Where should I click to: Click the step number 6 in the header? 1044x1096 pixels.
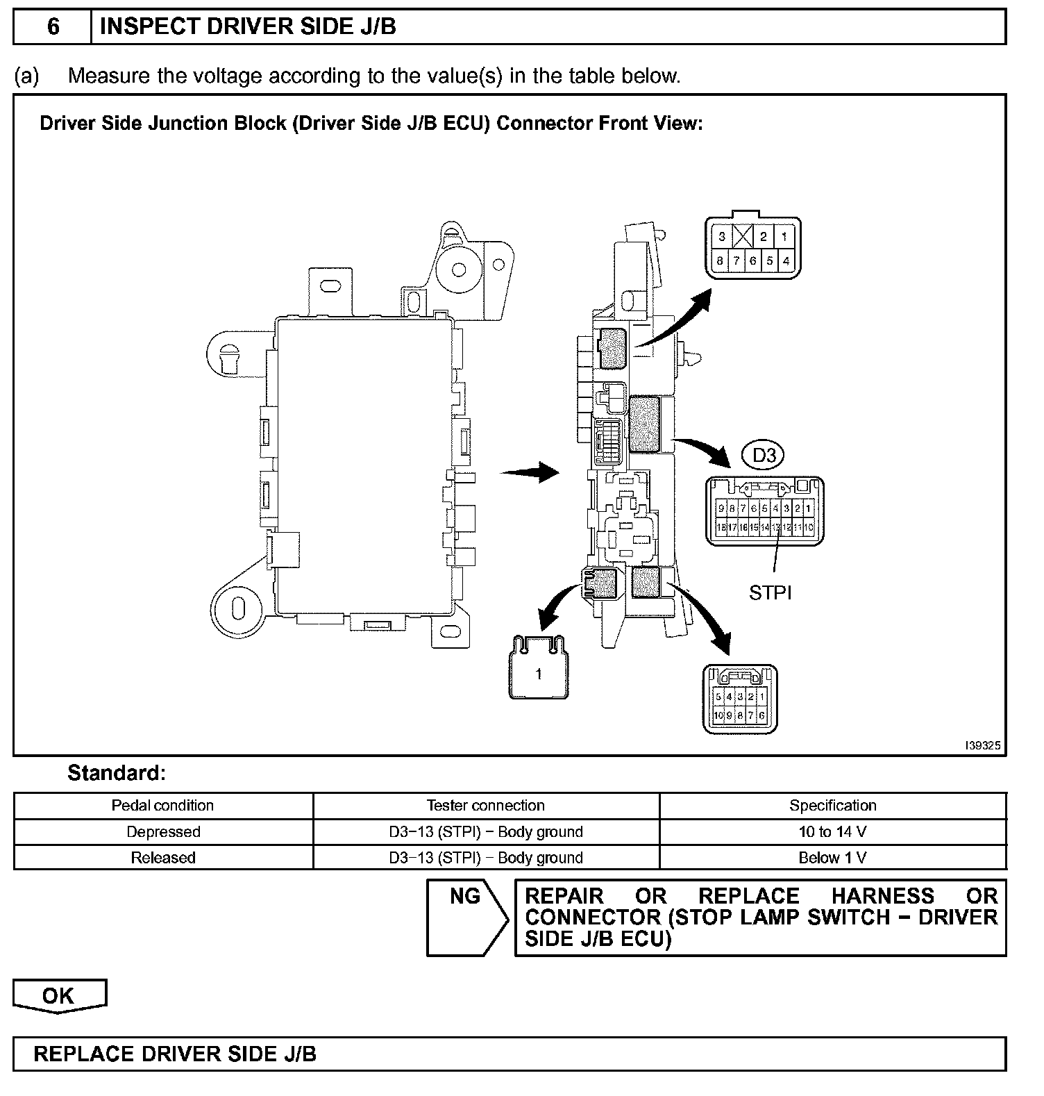53,27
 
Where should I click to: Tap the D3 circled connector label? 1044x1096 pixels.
764,456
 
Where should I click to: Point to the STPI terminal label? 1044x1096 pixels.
770,592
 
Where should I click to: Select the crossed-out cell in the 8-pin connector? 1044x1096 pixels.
743,237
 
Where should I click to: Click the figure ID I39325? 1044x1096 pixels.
982,745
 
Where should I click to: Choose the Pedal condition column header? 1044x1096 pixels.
162,806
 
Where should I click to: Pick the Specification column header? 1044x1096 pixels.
832,806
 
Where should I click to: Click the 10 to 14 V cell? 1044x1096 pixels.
832,831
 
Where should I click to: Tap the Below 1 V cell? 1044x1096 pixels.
832,858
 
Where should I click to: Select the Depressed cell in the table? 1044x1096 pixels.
163,831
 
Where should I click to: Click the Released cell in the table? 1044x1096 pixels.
163,858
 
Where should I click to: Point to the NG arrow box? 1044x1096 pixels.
466,917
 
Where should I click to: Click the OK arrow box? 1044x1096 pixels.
59,996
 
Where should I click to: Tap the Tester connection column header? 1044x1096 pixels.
485,806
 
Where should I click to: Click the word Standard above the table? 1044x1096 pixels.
116,773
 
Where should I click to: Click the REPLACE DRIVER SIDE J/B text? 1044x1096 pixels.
175,1054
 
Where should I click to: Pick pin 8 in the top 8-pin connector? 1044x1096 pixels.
721,262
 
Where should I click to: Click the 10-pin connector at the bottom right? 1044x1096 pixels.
740,699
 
